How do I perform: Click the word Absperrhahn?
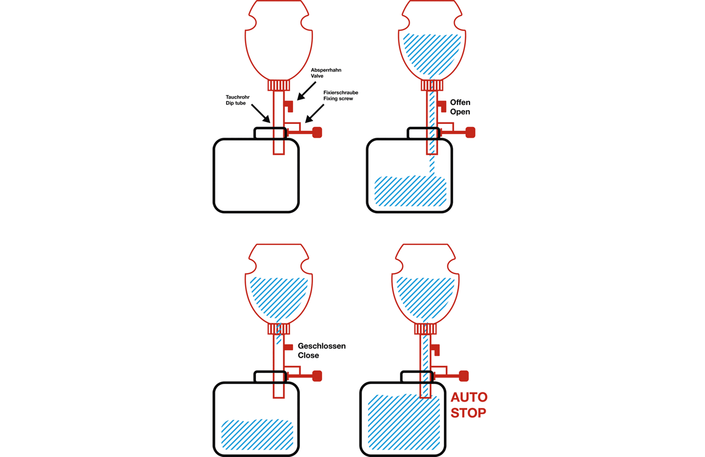tap(326, 70)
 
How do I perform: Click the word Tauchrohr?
tap(237, 97)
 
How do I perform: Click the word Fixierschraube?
tap(341, 93)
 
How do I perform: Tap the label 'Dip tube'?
tap(235, 103)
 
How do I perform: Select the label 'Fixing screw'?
tap(338, 98)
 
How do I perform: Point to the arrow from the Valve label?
tap(307, 91)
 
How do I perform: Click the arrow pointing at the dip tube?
tap(261, 113)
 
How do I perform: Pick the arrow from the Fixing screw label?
tap(314, 113)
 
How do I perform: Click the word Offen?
tap(460, 102)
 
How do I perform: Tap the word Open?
tap(460, 112)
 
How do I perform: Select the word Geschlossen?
tap(322, 346)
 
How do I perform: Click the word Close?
tap(308, 355)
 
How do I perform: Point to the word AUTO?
tap(469, 398)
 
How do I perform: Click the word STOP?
tap(468, 412)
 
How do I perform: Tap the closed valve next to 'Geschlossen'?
tap(289, 347)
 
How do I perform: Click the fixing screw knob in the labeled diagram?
tap(317, 132)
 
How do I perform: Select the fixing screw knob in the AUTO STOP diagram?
tap(463, 376)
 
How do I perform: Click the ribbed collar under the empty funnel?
tap(279, 85)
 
